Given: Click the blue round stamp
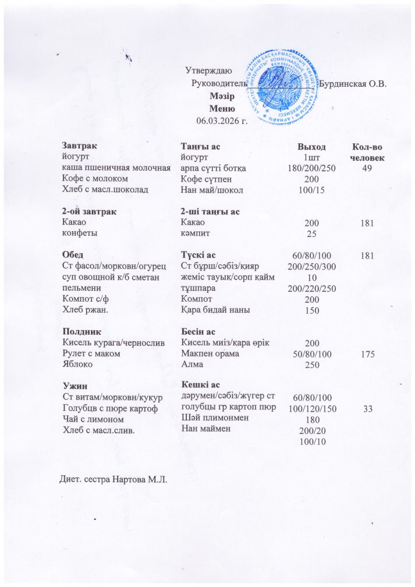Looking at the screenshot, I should pos(282,87).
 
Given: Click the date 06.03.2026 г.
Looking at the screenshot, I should pos(222,121).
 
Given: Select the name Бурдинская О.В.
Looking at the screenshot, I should pos(353,83).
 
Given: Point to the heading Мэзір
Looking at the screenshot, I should pos(221,96).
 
